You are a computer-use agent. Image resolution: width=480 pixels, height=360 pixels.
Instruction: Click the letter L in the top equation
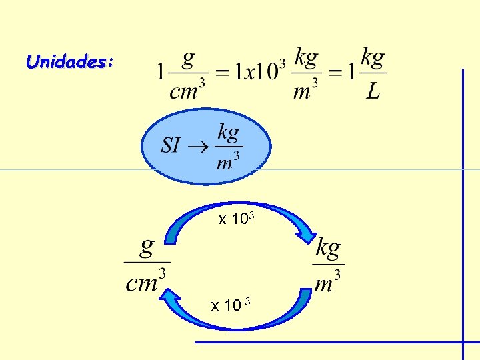(373, 91)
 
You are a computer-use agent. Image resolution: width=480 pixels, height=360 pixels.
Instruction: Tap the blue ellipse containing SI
(206, 146)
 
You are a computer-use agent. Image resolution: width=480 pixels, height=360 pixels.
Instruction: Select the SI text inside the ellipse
(171, 145)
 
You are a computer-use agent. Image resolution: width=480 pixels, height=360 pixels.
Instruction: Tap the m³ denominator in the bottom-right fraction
(327, 283)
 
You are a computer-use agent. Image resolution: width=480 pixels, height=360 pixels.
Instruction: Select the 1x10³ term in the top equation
(257, 71)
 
